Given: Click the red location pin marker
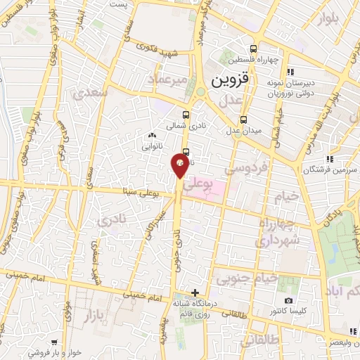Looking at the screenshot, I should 180,165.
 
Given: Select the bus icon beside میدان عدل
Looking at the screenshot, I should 243,120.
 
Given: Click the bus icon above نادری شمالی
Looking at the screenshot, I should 186,115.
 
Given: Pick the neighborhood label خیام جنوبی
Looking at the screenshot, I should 241,280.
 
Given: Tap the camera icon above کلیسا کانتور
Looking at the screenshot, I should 289,301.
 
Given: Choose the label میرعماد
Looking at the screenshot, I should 167,79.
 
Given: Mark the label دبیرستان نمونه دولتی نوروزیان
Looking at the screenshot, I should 291,86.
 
